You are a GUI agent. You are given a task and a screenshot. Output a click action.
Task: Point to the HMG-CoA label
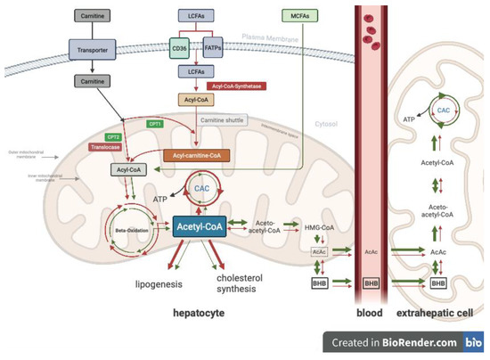[x=319, y=229]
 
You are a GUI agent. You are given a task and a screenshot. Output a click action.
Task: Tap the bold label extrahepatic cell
[x=435, y=315]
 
